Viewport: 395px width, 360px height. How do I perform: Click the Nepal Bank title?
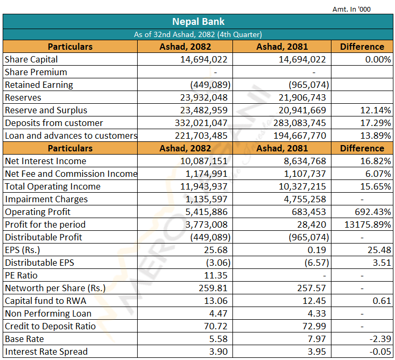pos(198,22)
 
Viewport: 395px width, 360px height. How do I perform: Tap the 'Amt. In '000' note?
pos(352,10)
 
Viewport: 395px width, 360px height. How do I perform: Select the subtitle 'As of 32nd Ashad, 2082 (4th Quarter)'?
pos(197,34)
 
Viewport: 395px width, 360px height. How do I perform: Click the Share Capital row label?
pos(31,59)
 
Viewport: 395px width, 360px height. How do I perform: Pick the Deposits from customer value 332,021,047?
pos(201,123)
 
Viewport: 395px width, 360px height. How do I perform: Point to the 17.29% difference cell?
pos(375,123)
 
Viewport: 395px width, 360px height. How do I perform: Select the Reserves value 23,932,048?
pos(203,97)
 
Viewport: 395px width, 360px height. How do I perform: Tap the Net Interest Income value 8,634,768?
pos(305,161)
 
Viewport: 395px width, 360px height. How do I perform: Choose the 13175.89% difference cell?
pos(367,224)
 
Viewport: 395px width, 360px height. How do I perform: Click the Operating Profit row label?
pos(38,212)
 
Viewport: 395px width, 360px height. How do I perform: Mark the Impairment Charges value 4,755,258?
pos(305,199)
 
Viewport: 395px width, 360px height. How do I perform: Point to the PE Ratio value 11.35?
pos(216,275)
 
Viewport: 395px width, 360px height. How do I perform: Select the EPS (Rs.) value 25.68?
pos(216,250)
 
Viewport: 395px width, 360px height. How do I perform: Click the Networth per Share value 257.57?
pos(311,288)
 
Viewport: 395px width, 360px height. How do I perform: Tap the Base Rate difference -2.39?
pos(380,339)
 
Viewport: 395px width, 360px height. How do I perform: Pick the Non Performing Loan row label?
pos(48,313)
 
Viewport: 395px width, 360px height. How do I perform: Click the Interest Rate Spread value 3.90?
pos(218,352)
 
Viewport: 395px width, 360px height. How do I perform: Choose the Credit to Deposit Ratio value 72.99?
pos(314,326)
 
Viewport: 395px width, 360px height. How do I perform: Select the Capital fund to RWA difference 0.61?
pos(382,301)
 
